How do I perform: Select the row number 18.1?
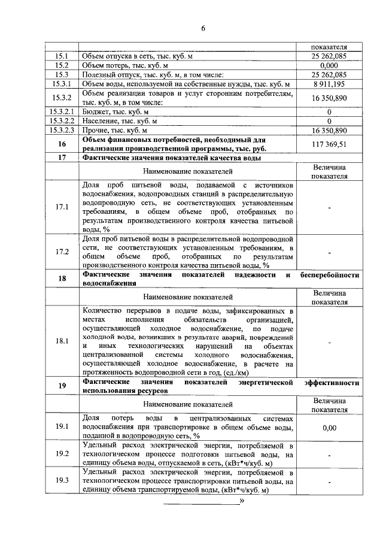click(x=62, y=341)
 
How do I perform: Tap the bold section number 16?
click(x=62, y=144)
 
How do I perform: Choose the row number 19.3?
click(x=62, y=481)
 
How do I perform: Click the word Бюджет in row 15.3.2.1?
click(x=96, y=112)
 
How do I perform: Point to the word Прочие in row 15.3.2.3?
click(x=96, y=131)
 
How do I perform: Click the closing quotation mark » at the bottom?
click(x=242, y=501)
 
